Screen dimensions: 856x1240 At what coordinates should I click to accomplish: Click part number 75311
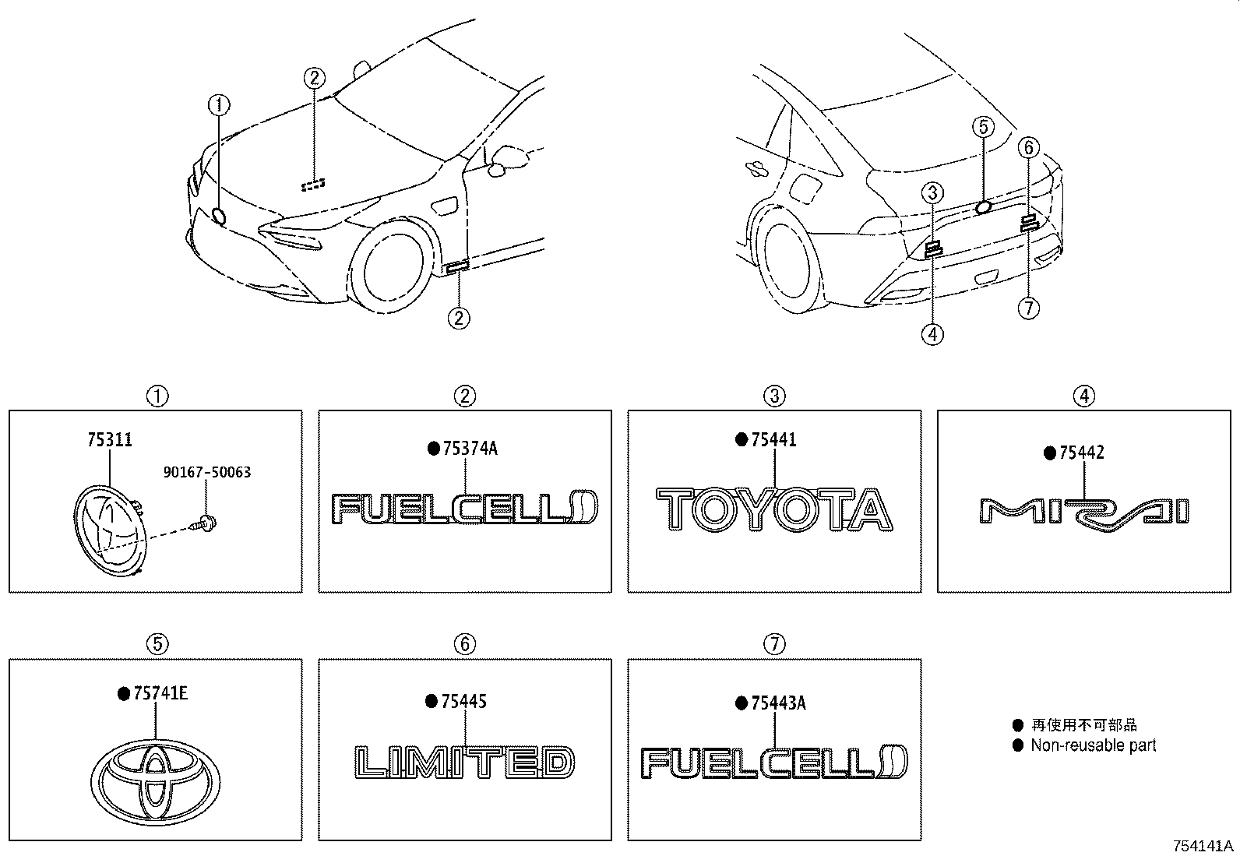click(109, 441)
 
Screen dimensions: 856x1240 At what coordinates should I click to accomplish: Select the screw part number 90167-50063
click(207, 473)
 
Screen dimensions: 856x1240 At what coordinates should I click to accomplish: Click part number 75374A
click(470, 449)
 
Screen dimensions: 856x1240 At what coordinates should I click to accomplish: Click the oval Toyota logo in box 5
click(156, 777)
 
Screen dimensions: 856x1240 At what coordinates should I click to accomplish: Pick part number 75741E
click(160, 694)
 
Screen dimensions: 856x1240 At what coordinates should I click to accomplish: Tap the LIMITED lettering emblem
click(465, 763)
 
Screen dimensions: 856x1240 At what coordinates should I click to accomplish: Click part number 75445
click(463, 702)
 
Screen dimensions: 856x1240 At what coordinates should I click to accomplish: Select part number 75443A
click(778, 703)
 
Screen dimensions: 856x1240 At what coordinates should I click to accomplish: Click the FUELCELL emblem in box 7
click(775, 763)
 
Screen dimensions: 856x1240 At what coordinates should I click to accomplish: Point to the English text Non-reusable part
click(1093, 745)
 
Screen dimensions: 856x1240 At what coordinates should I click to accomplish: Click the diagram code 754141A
click(1204, 846)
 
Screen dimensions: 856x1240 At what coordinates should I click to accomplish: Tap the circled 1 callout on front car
click(219, 104)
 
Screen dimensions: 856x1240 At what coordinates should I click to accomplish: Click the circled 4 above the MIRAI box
click(1083, 396)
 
